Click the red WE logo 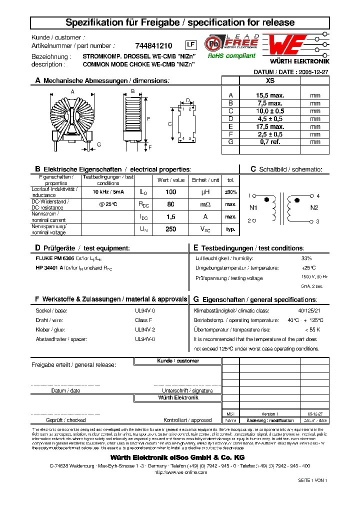[x=285, y=46]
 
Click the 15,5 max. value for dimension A [x=270, y=95]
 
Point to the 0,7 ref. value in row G [x=270, y=142]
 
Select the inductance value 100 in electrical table [x=170, y=192]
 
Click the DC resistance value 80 [x=170, y=204]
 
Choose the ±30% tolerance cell [x=230, y=192]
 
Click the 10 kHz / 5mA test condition [x=108, y=192]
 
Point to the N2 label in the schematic [x=314, y=207]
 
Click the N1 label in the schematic [x=253, y=207]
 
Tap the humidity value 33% [x=306, y=258]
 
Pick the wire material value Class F [x=143, y=320]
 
